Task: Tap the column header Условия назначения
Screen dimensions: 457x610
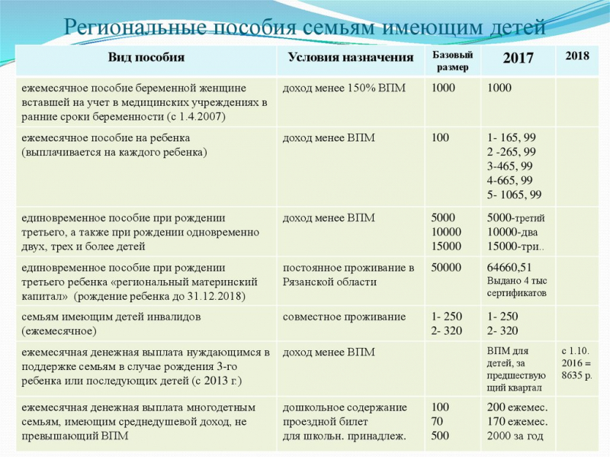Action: (x=352, y=57)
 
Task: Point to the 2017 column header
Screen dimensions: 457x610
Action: (x=518, y=58)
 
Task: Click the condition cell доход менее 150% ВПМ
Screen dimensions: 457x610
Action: (x=344, y=88)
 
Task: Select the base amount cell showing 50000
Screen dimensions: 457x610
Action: (x=446, y=268)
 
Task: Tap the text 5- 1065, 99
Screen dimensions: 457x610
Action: (x=515, y=195)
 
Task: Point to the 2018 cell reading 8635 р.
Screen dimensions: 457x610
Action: (x=576, y=376)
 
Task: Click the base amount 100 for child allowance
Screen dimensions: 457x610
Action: (x=440, y=138)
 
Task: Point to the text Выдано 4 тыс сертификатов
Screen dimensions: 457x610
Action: (x=517, y=287)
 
